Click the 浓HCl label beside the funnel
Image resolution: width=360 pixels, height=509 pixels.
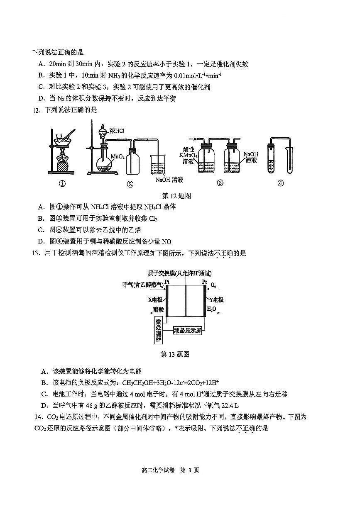pyautogui.click(x=117, y=131)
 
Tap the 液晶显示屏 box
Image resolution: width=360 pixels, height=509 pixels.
pyautogui.click(x=187, y=330)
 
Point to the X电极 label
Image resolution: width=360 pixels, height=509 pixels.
pyautogui.click(x=155, y=300)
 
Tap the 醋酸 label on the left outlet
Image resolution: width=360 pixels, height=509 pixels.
pyautogui.click(x=158, y=310)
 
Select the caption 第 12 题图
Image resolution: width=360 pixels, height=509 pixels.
pyautogui.click(x=176, y=196)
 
